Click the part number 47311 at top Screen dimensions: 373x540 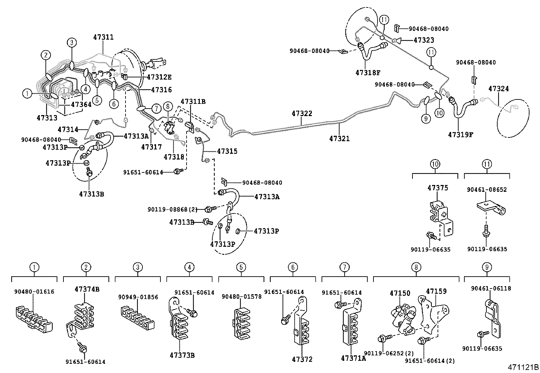pos(103,37)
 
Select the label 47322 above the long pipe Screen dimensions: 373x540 pos(302,113)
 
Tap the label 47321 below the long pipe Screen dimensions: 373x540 pos(339,138)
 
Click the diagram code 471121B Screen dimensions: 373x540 pos(523,367)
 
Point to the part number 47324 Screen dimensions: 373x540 pos(498,89)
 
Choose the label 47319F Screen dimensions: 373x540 pos(460,135)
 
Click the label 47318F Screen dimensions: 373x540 pos(368,73)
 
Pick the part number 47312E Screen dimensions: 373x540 pos(159,77)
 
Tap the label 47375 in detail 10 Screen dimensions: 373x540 pos(438,188)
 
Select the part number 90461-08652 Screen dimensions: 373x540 pos(486,190)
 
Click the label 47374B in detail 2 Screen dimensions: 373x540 pos(87,289)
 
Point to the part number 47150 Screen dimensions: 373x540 pos(400,293)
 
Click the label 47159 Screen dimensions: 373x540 pos(436,291)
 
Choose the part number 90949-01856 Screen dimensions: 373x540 pos(138,297)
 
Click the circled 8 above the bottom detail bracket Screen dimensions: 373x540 pos(416,267)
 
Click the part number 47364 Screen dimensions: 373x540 pos(81,105)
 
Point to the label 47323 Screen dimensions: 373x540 pos(424,40)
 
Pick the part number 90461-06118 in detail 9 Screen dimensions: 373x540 pos(491,288)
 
